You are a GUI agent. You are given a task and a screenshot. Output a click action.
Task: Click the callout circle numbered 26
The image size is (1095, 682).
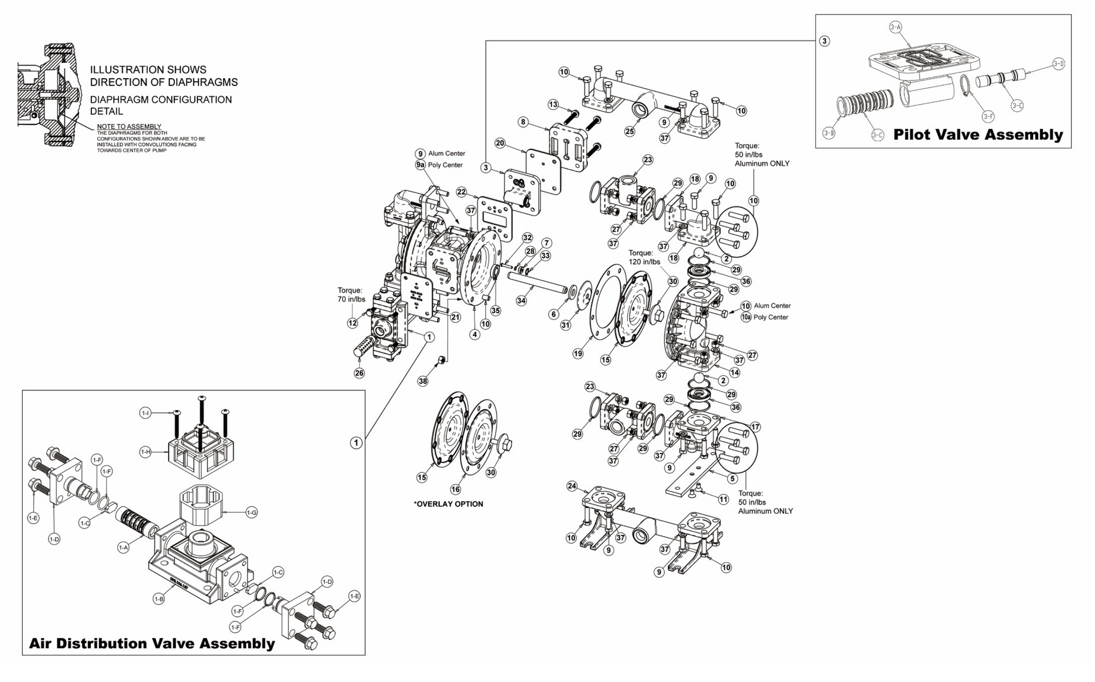[x=359, y=373]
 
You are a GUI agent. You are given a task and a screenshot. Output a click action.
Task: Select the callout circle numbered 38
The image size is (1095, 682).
[x=423, y=381]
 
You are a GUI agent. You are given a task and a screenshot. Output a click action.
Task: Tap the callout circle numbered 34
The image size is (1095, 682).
[x=521, y=301]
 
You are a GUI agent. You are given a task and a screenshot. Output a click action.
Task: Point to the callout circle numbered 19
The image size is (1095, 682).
[x=578, y=354]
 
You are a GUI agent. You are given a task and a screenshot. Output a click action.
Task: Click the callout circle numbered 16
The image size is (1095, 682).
[x=456, y=489]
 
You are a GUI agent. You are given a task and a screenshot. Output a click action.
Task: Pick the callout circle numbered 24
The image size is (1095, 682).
[x=572, y=486]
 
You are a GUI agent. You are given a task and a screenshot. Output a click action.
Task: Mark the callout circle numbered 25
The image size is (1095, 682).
[x=630, y=132]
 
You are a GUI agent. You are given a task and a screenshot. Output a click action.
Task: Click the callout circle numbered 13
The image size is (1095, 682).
[x=553, y=104]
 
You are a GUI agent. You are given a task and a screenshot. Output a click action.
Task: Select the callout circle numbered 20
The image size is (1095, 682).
[x=500, y=143]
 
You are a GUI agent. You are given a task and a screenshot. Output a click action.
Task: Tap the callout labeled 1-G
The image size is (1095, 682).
[x=252, y=513]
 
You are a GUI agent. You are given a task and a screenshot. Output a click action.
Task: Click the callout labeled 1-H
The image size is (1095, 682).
[x=145, y=452]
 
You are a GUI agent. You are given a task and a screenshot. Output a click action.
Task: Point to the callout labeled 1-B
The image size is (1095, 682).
[x=159, y=599]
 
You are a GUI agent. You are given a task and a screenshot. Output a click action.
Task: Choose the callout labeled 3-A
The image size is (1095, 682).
[x=895, y=27]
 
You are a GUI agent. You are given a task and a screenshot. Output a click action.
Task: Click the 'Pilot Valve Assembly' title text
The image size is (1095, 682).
[x=978, y=135]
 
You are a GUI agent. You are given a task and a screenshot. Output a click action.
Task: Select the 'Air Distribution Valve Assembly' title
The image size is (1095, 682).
[x=152, y=643]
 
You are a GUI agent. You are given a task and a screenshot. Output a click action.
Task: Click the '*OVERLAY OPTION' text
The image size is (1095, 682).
[x=448, y=504]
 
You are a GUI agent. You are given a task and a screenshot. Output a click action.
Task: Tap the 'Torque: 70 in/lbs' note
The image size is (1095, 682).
[x=351, y=295]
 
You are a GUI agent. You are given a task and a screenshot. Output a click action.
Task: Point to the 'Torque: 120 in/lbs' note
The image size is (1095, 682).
[x=644, y=257]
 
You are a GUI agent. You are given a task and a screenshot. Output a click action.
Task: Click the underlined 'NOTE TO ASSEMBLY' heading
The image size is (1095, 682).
[x=129, y=127]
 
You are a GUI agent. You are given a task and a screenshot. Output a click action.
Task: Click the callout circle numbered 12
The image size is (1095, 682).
[x=353, y=323]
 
